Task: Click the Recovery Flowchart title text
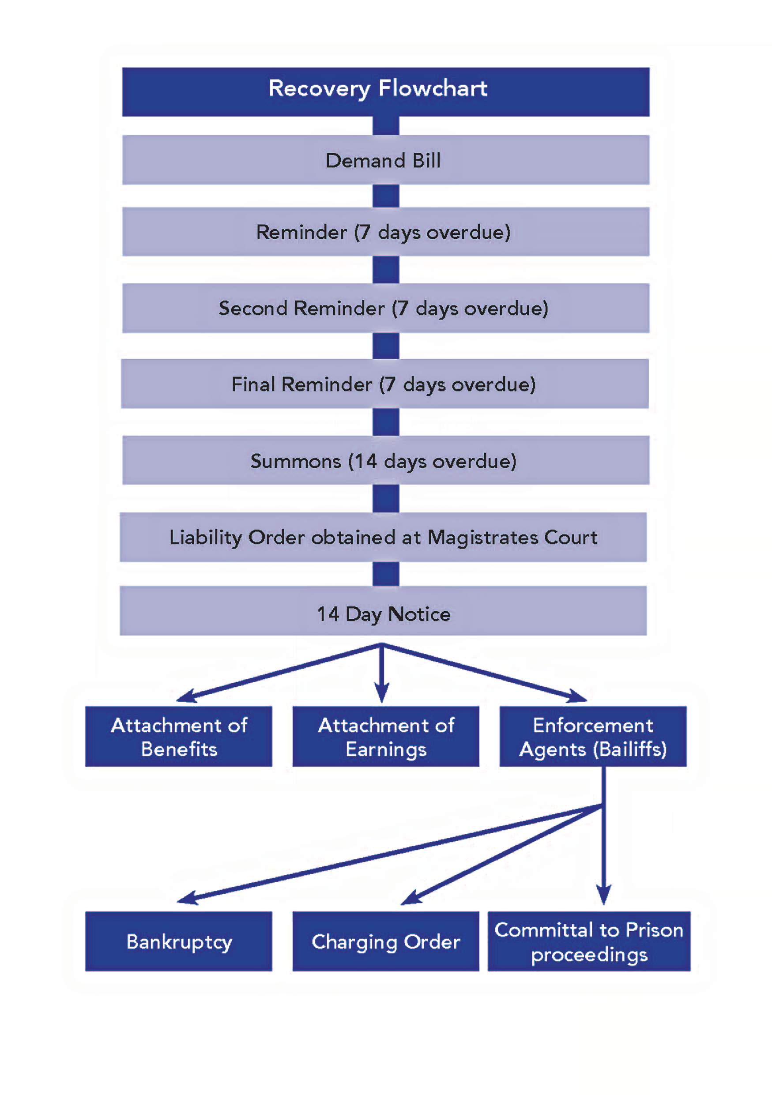click(x=378, y=89)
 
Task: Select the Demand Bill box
click(x=385, y=160)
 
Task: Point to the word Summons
click(x=296, y=461)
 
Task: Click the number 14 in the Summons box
click(x=365, y=461)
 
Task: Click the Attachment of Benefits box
click(x=179, y=736)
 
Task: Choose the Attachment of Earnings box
click(x=386, y=736)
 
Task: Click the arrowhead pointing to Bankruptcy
click(x=187, y=898)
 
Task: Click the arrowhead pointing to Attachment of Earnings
click(x=381, y=694)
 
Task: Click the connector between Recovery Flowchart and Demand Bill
click(x=386, y=126)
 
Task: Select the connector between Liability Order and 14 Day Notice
click(x=386, y=574)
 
